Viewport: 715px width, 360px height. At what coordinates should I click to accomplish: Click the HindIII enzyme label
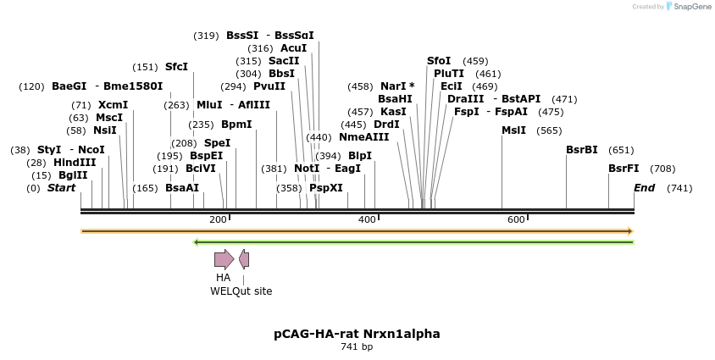point(75,163)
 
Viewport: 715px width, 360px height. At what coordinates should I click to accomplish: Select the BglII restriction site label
point(73,175)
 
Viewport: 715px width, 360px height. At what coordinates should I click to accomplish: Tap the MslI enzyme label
point(513,130)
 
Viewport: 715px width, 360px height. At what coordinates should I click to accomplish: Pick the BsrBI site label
point(582,150)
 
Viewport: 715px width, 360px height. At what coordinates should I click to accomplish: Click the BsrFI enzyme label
point(624,169)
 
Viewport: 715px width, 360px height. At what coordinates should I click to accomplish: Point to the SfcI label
point(176,67)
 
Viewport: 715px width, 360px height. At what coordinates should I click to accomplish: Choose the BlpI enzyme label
point(360,156)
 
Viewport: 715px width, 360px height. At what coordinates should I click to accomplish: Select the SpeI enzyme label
point(217,143)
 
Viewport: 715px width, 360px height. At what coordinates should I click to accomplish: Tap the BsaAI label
point(182,188)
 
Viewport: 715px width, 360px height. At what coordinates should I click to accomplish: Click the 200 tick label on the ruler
point(218,220)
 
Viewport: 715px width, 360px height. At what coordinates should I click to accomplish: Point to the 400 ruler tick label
point(367,220)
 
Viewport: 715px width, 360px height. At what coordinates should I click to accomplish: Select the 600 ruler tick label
point(516,220)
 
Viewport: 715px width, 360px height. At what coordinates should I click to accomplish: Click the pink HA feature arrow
point(224,259)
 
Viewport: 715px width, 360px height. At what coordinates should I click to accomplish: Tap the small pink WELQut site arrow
point(244,259)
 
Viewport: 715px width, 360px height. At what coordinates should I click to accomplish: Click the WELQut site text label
point(241,291)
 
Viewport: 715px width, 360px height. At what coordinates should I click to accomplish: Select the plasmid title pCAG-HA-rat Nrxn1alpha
point(357,334)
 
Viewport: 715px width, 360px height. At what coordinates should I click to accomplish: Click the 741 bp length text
point(357,346)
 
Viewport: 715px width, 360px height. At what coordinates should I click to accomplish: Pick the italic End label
point(644,188)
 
